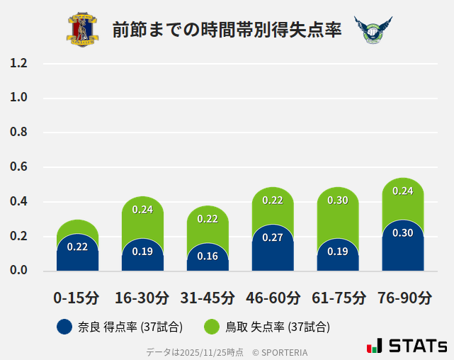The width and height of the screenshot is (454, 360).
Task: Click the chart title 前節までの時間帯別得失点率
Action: pyautogui.click(x=227, y=29)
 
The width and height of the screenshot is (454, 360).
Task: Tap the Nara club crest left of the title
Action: pyautogui.click(x=83, y=30)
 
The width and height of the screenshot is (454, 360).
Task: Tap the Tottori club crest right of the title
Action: pyautogui.click(x=372, y=30)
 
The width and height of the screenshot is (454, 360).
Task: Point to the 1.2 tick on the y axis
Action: pyautogui.click(x=18, y=63)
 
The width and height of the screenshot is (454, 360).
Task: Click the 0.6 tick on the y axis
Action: pyautogui.click(x=18, y=167)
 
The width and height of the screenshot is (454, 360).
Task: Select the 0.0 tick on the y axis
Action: pyautogui.click(x=18, y=271)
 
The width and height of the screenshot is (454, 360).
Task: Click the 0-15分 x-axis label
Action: pyautogui.click(x=76, y=298)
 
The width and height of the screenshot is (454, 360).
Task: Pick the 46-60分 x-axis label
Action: pyautogui.click(x=273, y=298)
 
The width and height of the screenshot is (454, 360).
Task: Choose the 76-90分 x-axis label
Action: pyautogui.click(x=403, y=298)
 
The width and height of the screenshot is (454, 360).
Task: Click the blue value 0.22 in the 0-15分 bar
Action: pyautogui.click(x=77, y=247)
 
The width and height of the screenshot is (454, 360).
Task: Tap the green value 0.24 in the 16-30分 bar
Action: pyautogui.click(x=142, y=209)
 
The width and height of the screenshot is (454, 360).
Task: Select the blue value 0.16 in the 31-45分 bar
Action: pyautogui.click(x=208, y=256)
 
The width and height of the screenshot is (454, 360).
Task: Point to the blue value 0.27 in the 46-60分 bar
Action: pyautogui.click(x=273, y=237)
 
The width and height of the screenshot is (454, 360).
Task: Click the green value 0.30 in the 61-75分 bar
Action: pyautogui.click(x=338, y=200)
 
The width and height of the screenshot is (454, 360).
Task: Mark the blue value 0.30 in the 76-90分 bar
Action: pyautogui.click(x=403, y=232)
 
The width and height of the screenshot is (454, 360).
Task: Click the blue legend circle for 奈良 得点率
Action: pyautogui.click(x=64, y=327)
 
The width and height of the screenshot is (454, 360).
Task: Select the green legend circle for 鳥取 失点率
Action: pyautogui.click(x=212, y=327)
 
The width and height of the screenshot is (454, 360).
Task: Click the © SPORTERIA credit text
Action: pyautogui.click(x=280, y=351)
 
